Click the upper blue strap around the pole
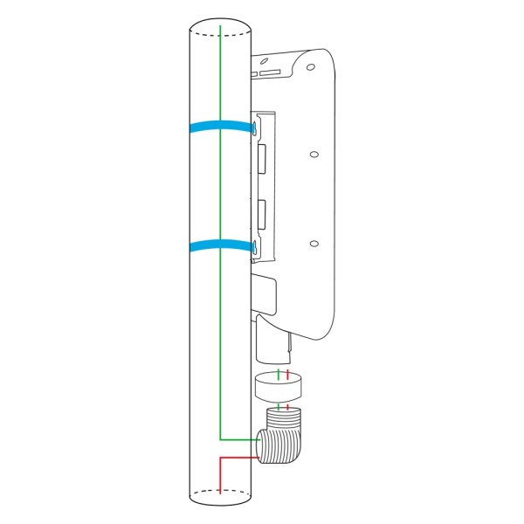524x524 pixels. coord(218,127)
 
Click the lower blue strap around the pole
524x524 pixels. coord(218,245)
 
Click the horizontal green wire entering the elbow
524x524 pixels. coord(240,438)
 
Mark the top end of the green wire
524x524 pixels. coord(220,28)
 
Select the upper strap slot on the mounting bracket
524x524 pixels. coord(254,128)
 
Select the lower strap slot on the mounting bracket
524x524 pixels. coord(254,247)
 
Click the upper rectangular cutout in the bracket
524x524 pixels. coord(261,158)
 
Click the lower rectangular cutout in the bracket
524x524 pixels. coord(261,212)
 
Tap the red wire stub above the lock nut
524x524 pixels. coord(287,375)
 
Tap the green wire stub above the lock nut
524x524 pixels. coord(279,375)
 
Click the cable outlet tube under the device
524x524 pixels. coord(272,345)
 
